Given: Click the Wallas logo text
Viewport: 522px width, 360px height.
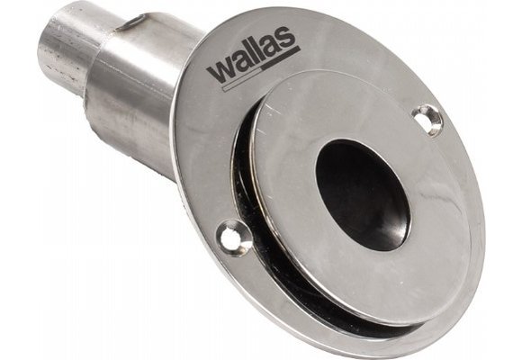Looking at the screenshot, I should pyautogui.click(x=252, y=64).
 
